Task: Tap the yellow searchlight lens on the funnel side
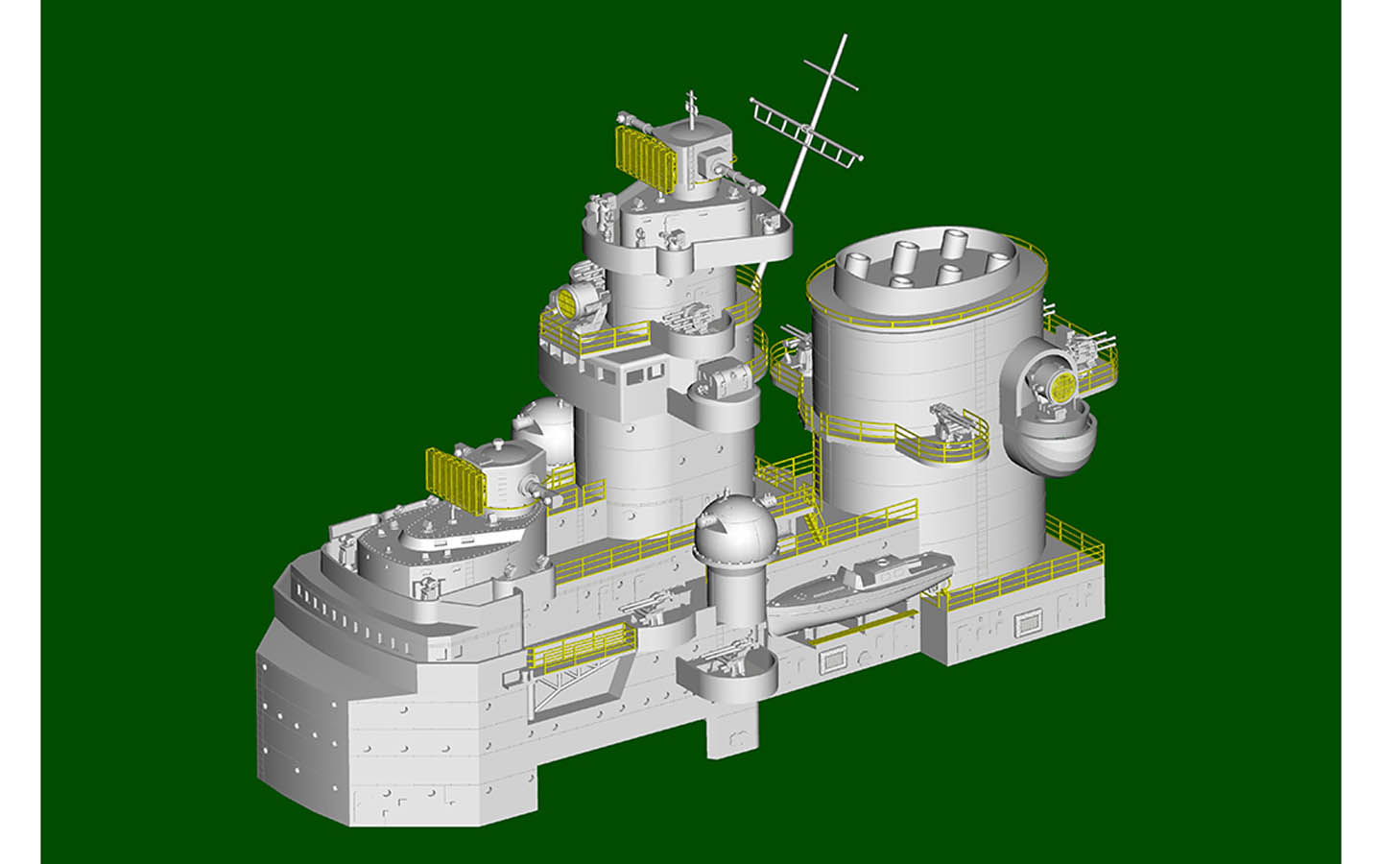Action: coord(1062,388)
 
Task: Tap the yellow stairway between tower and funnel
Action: coord(812,519)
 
